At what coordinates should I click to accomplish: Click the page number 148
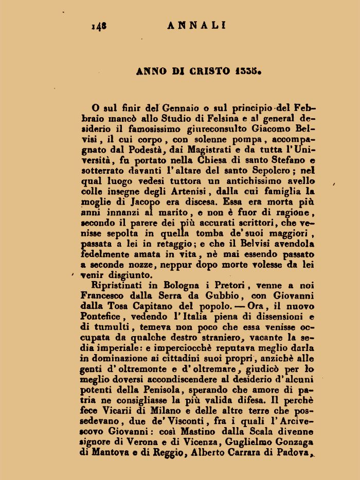pyautogui.click(x=99, y=25)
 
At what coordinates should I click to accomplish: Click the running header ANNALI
pyautogui.click(x=196, y=25)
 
